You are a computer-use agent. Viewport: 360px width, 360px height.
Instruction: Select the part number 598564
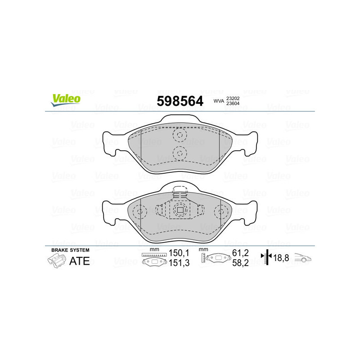(x=180, y=101)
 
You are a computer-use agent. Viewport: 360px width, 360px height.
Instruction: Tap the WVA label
(x=218, y=101)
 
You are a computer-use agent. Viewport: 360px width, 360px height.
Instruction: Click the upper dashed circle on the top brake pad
(x=180, y=135)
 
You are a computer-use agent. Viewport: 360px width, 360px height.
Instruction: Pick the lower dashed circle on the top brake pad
(x=180, y=153)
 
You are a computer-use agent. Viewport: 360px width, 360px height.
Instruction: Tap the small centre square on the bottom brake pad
(x=180, y=210)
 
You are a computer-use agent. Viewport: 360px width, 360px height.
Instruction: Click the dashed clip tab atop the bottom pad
(x=180, y=192)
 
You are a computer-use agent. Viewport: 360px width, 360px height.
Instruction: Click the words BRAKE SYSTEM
(x=70, y=250)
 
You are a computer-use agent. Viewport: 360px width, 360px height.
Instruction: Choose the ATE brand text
(x=80, y=261)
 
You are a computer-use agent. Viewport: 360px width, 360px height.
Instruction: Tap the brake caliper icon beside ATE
(x=56, y=260)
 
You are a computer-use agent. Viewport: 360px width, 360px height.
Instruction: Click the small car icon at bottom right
(x=303, y=258)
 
